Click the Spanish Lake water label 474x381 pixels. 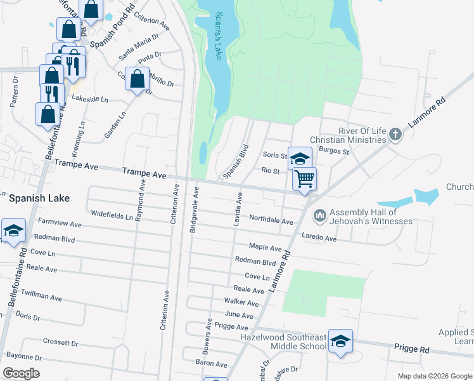[x=217, y=37]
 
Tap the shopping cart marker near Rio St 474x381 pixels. [x=304, y=178]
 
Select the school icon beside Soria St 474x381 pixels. [x=300, y=158]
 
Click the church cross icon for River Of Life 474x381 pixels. [x=395, y=134]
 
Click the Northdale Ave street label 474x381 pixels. [x=271, y=220]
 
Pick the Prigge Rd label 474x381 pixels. [x=411, y=350]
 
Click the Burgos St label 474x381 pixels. [x=334, y=152]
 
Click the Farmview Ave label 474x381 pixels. [x=60, y=224]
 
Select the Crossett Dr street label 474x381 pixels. [x=60, y=343]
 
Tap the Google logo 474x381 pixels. [x=21, y=373]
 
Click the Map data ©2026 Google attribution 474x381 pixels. [x=434, y=376]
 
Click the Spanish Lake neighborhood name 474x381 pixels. [x=39, y=198]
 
